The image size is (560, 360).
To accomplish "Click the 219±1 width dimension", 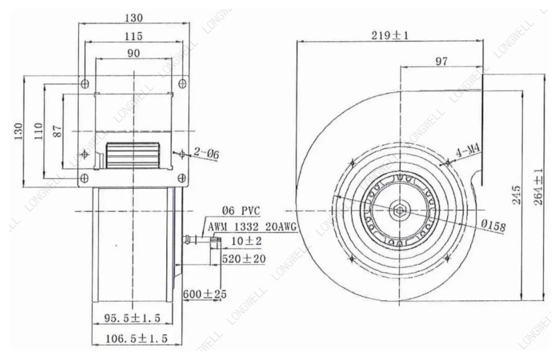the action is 390,36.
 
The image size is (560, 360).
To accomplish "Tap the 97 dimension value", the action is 442,61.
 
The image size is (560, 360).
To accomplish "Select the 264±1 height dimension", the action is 539,187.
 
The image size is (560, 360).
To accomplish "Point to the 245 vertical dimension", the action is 517,195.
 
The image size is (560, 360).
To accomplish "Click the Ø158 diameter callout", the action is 494,226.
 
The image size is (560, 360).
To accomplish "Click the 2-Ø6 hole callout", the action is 207,153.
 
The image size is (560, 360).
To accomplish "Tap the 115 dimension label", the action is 134,36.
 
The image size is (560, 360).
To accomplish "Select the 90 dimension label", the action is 134,53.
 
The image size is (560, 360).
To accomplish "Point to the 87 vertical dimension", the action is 58,131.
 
